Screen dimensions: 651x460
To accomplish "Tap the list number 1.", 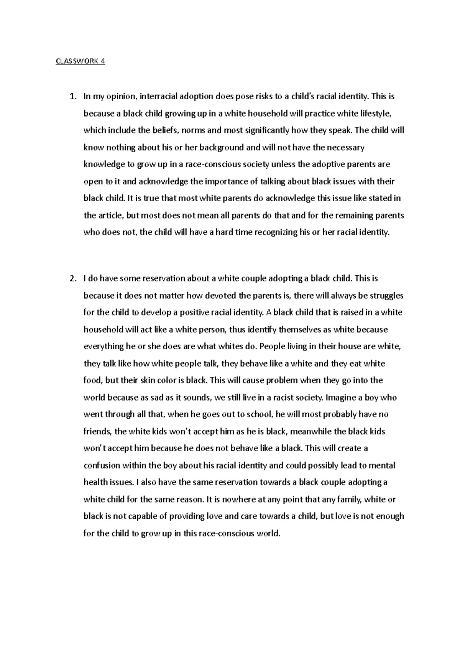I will click(72, 97).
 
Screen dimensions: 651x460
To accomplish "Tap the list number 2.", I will click(72, 279).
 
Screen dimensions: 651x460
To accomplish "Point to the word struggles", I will click(386, 296).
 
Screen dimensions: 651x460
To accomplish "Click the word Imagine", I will click(340, 398).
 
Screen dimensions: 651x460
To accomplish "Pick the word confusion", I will click(102, 465).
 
